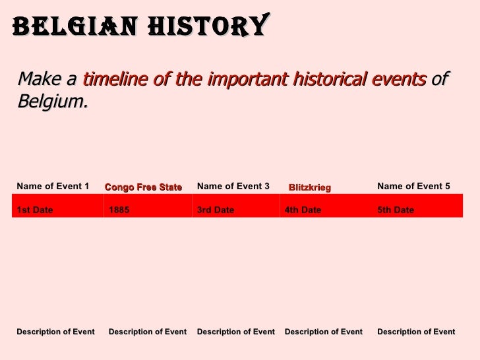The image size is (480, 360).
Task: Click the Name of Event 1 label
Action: click(x=53, y=187)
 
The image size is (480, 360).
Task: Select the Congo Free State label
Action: click(x=143, y=187)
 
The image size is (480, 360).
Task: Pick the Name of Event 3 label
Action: click(x=233, y=187)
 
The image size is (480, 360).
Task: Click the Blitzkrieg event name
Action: click(x=310, y=188)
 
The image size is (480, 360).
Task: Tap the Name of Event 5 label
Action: click(x=413, y=187)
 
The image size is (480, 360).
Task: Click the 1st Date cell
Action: click(x=35, y=210)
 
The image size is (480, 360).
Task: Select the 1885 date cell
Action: click(x=119, y=210)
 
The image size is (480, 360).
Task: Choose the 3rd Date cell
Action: click(x=216, y=210)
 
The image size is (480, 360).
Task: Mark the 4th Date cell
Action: click(x=303, y=210)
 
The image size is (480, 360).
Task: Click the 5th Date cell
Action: click(x=396, y=210)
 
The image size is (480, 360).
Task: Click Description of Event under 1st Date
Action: click(x=55, y=332)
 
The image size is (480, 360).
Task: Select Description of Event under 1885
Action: click(x=148, y=332)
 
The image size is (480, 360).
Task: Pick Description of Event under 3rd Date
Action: click(x=236, y=332)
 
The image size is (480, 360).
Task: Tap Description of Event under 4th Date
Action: click(x=324, y=332)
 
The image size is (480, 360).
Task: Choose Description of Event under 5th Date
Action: click(x=416, y=332)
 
